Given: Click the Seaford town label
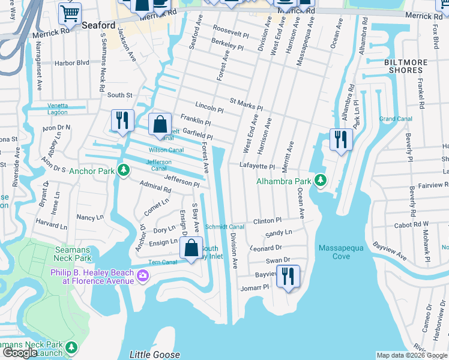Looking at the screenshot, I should pos(99,25).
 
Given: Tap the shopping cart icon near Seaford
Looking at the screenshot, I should pos(70,13).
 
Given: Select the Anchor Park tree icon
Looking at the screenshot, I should pos(124,170).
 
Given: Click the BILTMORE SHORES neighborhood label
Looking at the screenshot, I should pos(403,66).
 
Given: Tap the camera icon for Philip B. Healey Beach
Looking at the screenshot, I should pos(143,275).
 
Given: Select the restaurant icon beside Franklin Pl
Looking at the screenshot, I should pos(122,120).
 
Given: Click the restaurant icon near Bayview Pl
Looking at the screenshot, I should pos(288,275).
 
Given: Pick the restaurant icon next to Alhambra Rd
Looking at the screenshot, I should pos(341,140).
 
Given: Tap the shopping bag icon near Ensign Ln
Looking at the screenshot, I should pos(191,247).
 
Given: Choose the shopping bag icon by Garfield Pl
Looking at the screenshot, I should pos(159,124).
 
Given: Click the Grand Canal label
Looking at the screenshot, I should pos(396,119).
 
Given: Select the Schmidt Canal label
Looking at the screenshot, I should pos(224,227).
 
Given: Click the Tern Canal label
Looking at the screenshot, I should pos(162,262).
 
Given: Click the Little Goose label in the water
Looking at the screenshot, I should pos(154,355).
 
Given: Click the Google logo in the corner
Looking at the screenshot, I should pos(20,353).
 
